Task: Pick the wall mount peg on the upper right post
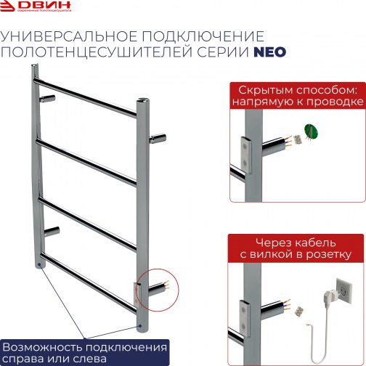(158, 137)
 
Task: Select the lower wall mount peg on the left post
(52, 232)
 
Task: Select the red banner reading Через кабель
(296, 247)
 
